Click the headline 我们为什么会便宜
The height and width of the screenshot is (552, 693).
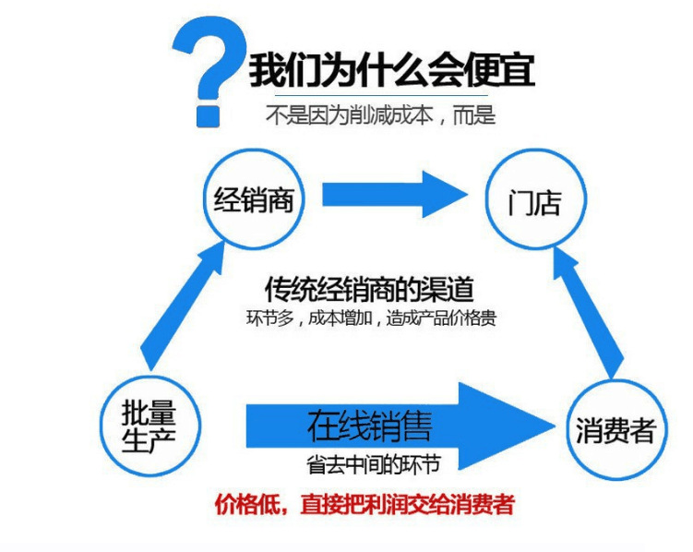391,70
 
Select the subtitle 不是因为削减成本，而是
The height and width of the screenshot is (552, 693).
380,114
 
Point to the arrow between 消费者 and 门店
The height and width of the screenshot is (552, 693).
588,313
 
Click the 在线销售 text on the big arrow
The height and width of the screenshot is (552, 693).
369,426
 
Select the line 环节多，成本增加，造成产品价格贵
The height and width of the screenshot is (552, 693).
371,318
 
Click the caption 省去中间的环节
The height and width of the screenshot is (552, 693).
374,464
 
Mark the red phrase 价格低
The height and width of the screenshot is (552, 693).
242,504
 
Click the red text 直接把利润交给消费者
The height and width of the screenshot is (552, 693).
407,504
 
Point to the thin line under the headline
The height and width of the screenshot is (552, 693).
381,95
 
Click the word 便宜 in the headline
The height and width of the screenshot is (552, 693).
499,70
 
